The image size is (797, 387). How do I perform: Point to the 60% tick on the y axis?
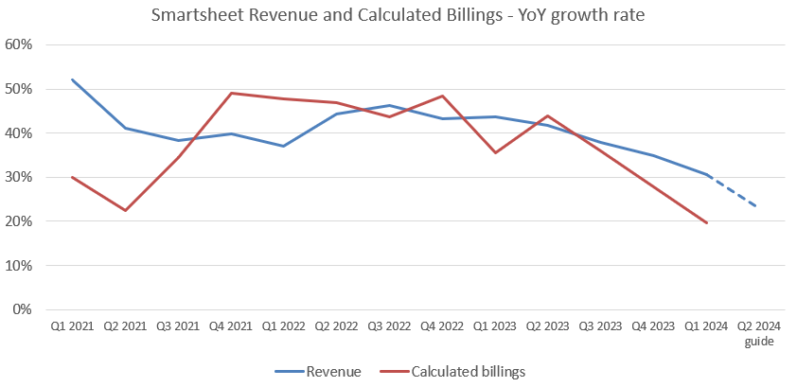(20, 44)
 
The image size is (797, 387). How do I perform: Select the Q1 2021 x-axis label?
(72, 326)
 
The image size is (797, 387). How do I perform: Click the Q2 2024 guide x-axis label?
(759, 333)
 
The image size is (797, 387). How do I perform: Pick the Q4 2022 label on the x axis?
(442, 326)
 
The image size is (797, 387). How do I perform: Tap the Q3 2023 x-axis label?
(600, 326)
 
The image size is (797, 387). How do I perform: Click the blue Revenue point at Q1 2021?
(72, 79)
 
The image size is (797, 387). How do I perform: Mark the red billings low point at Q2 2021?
(125, 210)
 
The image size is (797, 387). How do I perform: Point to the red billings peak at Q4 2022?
(442, 96)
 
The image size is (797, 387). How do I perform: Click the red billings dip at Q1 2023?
(495, 152)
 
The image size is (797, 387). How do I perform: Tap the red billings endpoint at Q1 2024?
(706, 222)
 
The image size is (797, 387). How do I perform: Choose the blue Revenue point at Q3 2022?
(389, 105)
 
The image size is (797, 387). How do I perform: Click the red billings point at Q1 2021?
(72, 177)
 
